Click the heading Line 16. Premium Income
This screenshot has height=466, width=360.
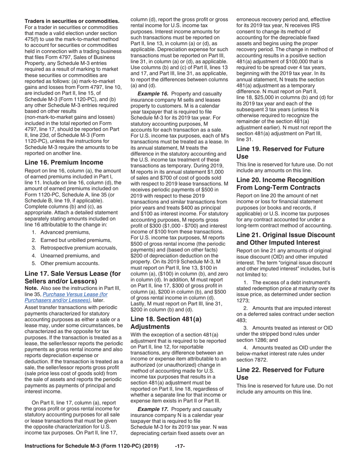click(x=64, y=163)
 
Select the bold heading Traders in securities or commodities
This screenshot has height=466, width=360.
click(x=72, y=21)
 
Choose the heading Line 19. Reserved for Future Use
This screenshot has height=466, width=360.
click(x=280, y=153)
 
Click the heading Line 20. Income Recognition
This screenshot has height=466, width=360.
click(x=280, y=184)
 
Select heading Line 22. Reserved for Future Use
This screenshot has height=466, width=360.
click(x=280, y=374)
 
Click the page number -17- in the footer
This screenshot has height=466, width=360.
click(x=180, y=446)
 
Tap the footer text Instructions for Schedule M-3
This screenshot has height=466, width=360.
click(x=91, y=446)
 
